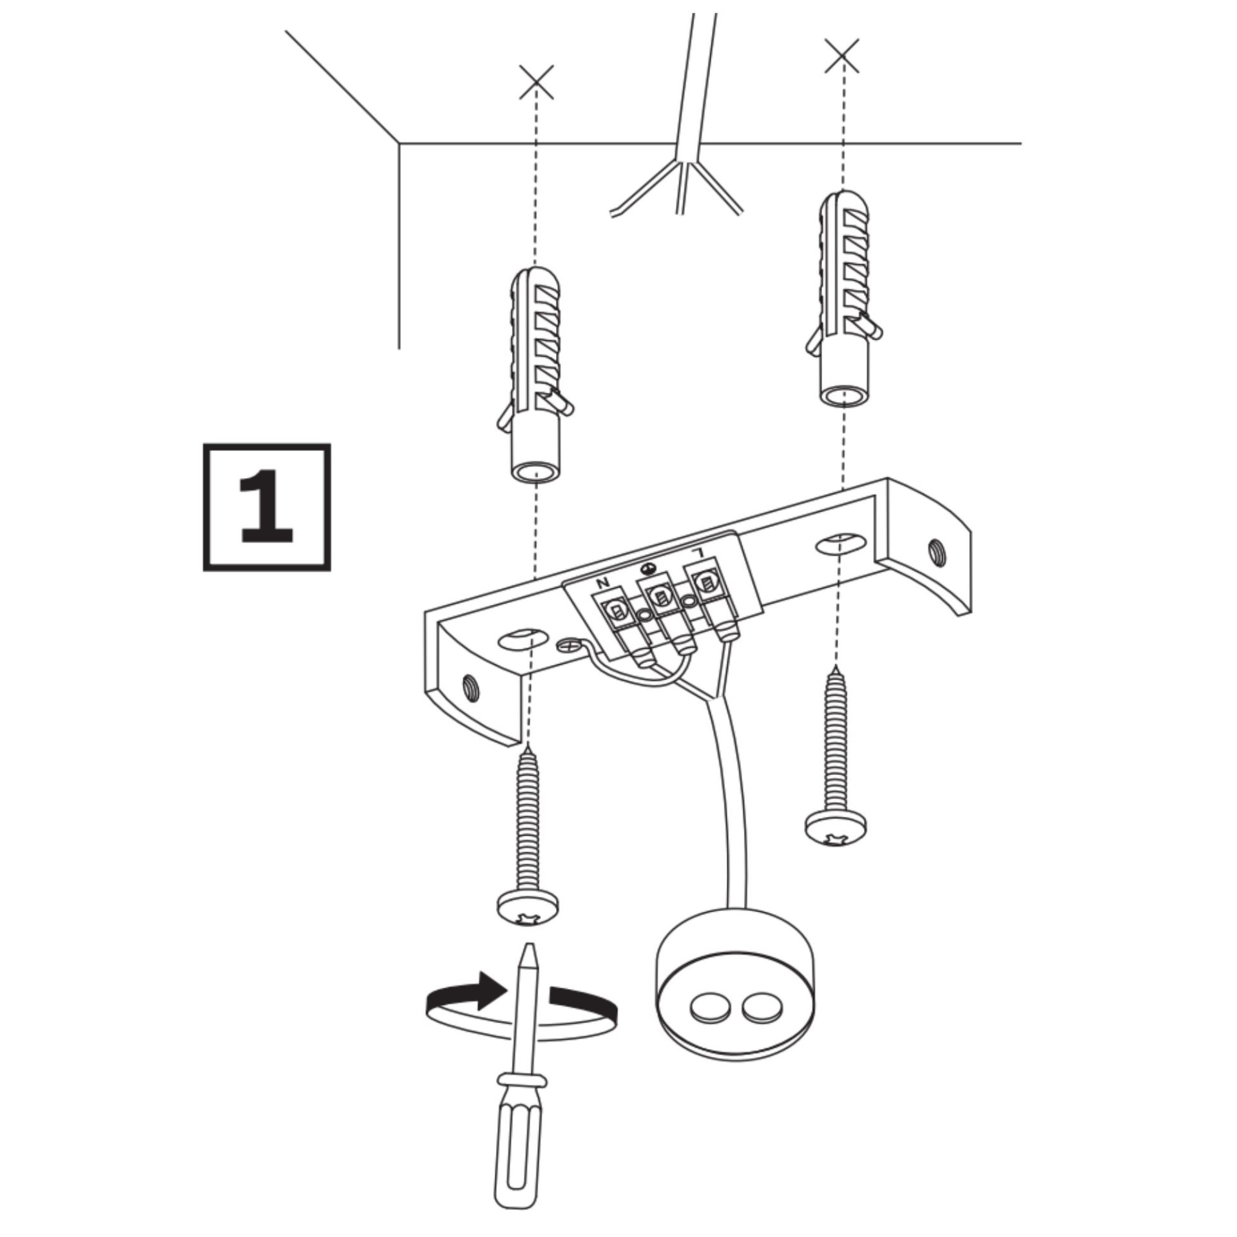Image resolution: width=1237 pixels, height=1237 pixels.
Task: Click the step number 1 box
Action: [x=267, y=507]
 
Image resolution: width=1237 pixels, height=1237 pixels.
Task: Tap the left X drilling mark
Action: [x=537, y=82]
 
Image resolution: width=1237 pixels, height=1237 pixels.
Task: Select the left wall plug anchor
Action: [x=534, y=374]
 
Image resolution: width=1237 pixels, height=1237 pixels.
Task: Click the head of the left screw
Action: [x=528, y=914]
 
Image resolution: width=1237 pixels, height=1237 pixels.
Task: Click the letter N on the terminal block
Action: [x=604, y=583]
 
